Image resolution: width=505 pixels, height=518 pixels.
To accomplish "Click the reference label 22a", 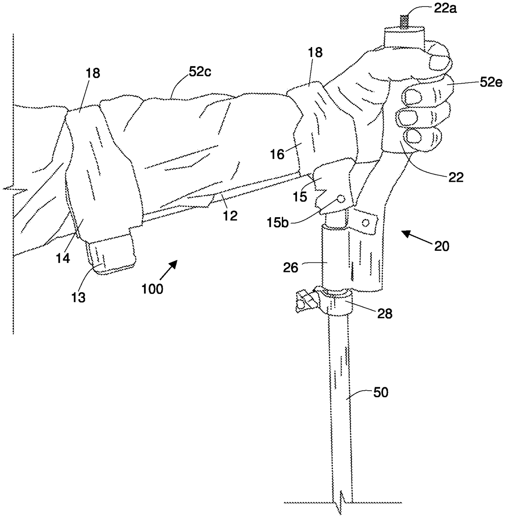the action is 445,9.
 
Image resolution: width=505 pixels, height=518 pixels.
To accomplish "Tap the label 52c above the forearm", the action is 200,72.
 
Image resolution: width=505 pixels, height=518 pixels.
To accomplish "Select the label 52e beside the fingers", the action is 491,83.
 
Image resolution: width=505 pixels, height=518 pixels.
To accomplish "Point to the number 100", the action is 152,289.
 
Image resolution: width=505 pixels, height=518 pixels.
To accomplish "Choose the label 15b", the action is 278,223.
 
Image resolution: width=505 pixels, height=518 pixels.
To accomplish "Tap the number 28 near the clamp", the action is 385,314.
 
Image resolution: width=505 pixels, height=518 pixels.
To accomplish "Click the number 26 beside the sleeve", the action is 291,268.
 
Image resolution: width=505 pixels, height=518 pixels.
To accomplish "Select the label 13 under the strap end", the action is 78,297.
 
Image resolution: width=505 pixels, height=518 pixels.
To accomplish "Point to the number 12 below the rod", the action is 230,215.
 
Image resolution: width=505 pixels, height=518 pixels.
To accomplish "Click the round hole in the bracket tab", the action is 367,222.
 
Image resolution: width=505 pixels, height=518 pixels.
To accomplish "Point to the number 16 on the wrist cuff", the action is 277,155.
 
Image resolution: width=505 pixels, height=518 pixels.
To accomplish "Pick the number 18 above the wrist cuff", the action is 316,53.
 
